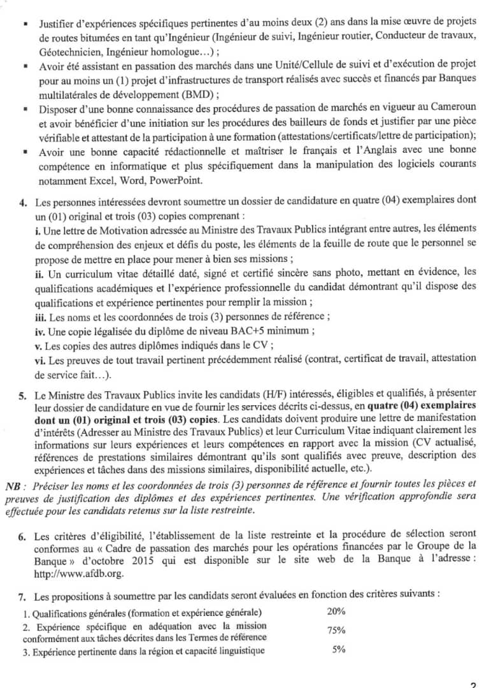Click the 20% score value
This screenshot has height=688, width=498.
[336, 612]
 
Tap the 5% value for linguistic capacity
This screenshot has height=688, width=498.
[338, 650]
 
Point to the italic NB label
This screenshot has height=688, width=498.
[12, 486]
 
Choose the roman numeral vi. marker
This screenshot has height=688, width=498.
[41, 360]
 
